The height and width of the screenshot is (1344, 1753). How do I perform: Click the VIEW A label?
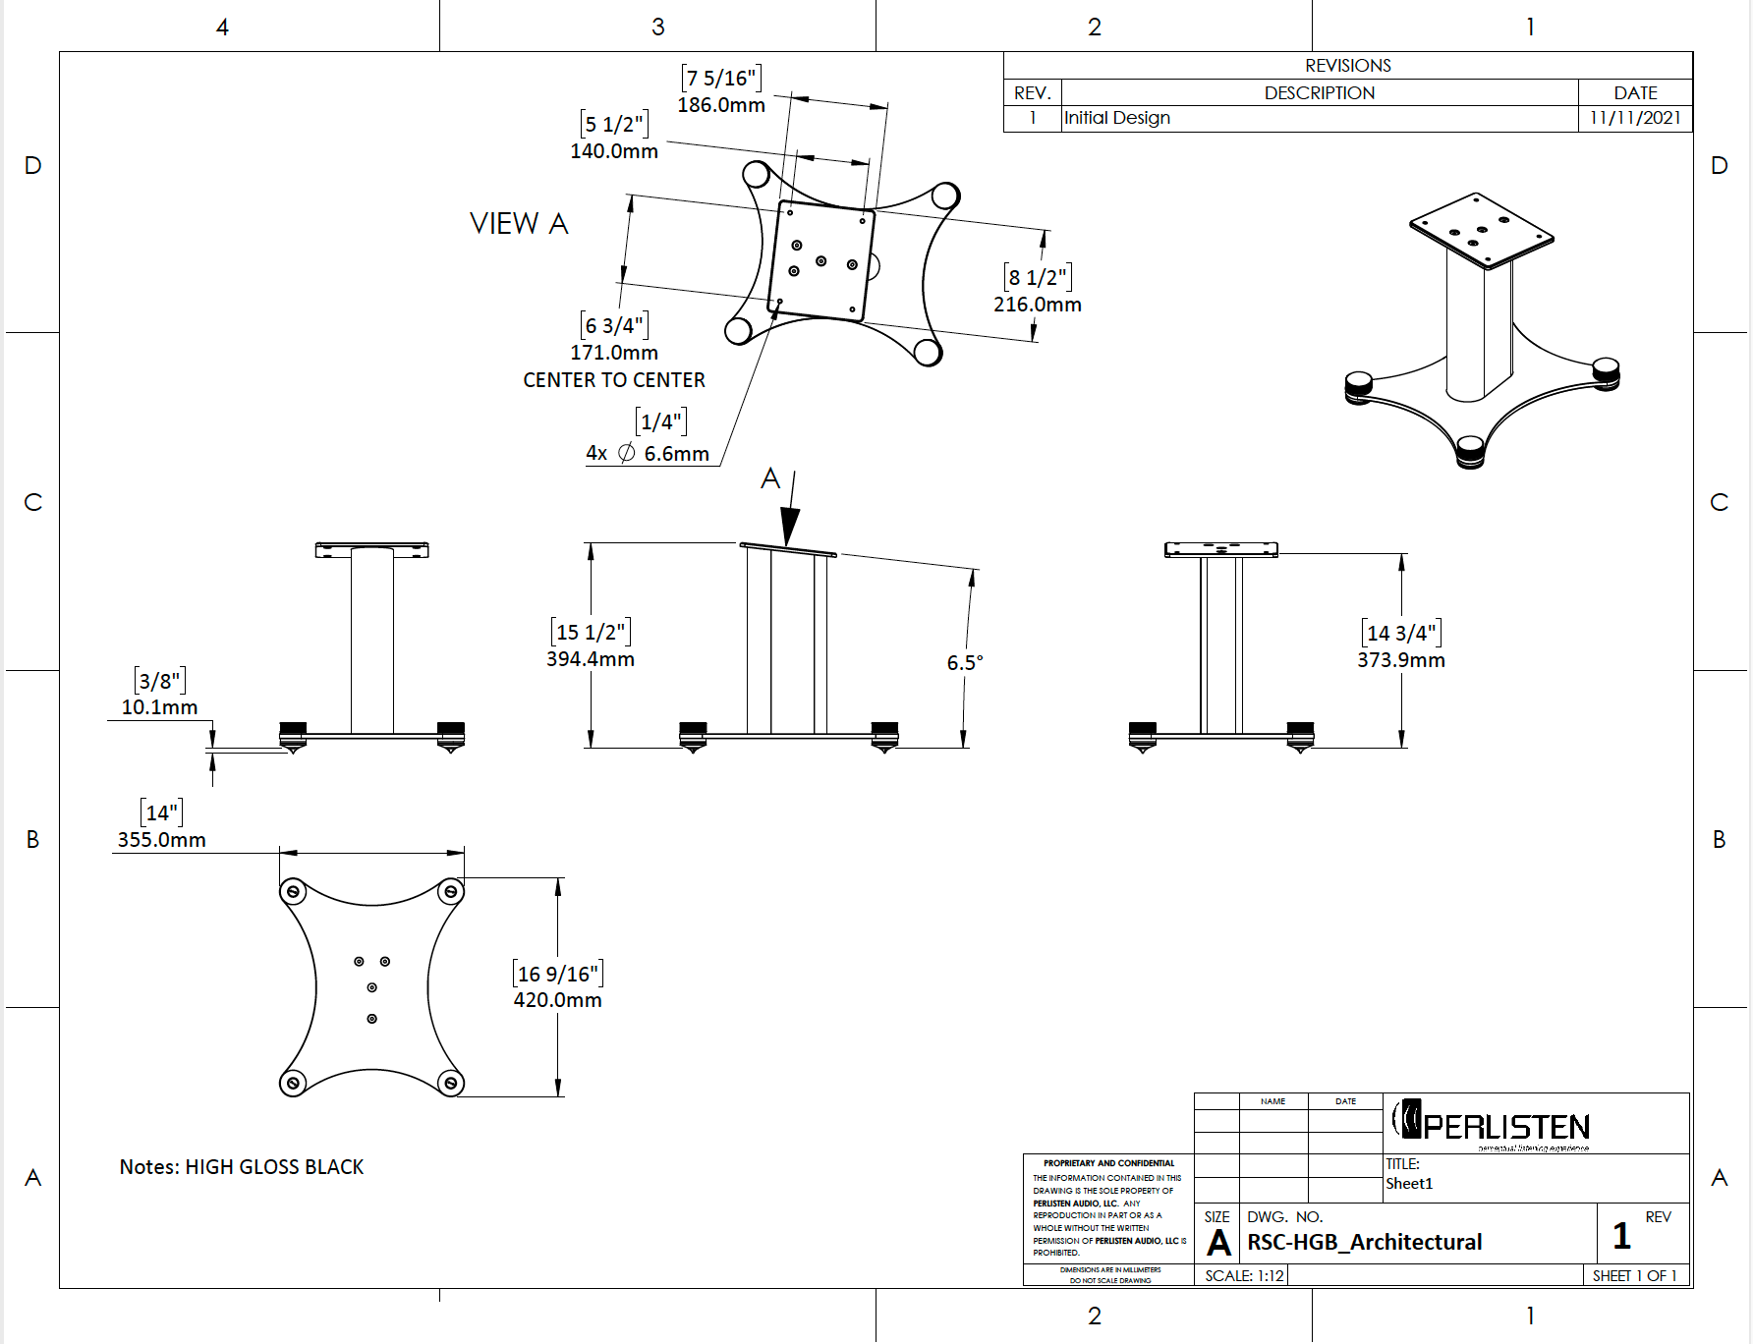coord(519,224)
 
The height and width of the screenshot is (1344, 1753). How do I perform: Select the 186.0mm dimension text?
coord(720,105)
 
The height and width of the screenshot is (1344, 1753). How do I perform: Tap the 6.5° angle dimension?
coord(964,663)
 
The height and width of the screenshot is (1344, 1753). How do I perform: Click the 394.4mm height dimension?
coord(590,659)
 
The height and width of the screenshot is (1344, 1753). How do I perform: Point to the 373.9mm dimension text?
coord(1400,660)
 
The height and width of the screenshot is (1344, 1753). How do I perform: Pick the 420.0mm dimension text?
coord(557,1000)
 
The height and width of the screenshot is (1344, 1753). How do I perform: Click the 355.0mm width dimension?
coord(161,840)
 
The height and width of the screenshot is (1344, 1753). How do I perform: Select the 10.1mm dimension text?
coord(159,707)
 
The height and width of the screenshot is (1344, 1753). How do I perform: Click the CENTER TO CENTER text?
coord(613,380)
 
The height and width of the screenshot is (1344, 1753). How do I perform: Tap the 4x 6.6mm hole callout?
coord(648,454)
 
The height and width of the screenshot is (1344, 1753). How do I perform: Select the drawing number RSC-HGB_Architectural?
coord(1364,1243)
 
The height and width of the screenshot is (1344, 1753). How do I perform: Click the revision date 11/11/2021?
coord(1635,118)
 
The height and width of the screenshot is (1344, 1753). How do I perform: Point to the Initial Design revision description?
coord(1117,118)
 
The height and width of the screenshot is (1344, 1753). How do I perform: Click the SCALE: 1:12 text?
coord(1244,1276)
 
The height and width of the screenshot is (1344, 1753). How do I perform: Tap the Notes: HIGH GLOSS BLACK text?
coord(242,1167)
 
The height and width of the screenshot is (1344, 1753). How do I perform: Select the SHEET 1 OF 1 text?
coord(1634,1276)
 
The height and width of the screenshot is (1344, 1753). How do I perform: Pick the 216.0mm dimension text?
coord(1037,305)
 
